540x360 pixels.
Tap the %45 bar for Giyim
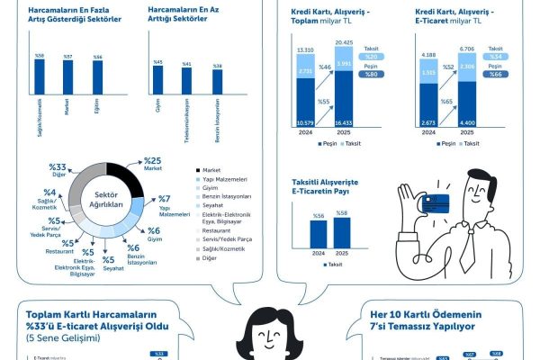[157, 94]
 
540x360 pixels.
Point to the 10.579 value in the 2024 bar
[304, 123]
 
